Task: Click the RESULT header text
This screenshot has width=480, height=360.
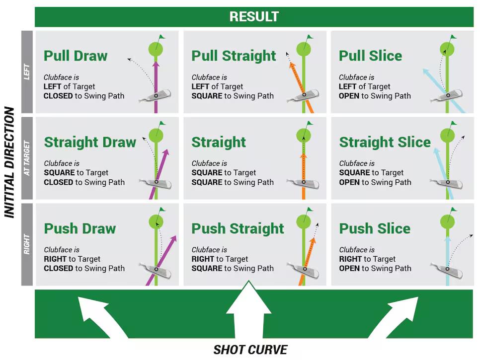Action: [254, 16]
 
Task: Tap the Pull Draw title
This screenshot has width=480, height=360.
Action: [76, 56]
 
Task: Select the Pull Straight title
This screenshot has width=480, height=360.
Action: [234, 56]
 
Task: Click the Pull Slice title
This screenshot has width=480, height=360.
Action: [370, 56]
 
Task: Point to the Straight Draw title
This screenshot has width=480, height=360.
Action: [90, 142]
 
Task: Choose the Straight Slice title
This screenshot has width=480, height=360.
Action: [385, 142]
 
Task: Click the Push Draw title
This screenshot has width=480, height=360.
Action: [80, 228]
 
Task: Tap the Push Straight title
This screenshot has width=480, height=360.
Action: [238, 229]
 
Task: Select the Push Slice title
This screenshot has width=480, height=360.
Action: [375, 228]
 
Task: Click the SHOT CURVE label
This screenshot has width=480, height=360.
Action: [250, 350]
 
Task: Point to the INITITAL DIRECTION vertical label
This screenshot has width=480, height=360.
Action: [9, 162]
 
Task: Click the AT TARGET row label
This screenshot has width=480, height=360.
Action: [27, 158]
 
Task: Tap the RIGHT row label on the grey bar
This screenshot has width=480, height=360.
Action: [27, 244]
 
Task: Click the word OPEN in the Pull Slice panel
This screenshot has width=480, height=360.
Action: [349, 96]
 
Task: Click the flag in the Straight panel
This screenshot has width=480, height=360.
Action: [309, 124]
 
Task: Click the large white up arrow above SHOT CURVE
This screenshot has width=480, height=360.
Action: [249, 309]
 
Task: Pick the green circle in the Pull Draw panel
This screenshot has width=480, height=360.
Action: [156, 49]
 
